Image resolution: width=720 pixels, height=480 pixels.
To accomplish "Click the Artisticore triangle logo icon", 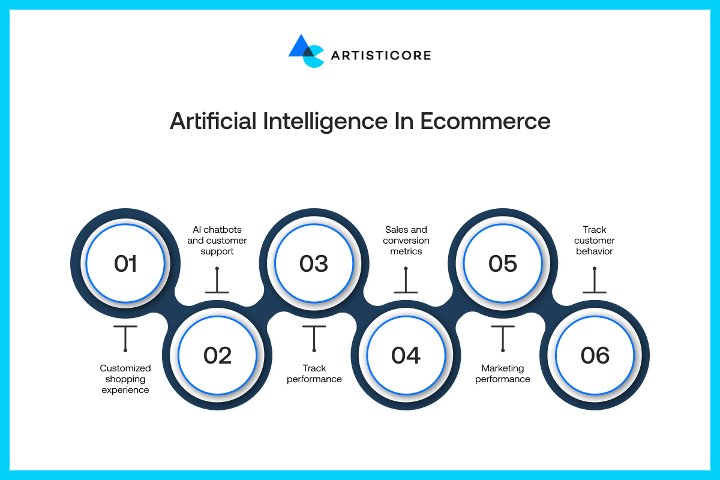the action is click(305, 51).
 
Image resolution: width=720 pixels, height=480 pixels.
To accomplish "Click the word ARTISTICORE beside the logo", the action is click(381, 56).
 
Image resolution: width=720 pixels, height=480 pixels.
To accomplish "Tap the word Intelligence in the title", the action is click(325, 122).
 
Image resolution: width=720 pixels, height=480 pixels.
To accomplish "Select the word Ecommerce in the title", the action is click(485, 121).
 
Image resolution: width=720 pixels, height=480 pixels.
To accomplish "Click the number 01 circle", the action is click(125, 263).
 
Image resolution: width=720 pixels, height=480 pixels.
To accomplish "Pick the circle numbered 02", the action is click(217, 355).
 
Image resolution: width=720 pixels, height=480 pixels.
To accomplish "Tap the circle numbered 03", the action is click(314, 263).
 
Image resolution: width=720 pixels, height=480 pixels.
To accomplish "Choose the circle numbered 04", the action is click(406, 355).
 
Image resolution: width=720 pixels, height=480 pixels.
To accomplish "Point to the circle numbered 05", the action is click(503, 263).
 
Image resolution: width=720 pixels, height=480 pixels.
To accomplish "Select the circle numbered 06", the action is click(595, 355).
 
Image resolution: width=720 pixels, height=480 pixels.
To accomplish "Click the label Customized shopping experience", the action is click(125, 379).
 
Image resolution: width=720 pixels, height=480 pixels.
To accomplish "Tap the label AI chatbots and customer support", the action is click(217, 241).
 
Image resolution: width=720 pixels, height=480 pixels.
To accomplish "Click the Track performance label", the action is click(314, 374).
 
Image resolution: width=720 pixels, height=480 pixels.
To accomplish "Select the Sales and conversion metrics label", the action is click(406, 241).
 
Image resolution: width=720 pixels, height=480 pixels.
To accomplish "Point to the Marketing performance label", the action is click(503, 374).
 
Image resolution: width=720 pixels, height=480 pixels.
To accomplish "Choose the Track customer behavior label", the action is click(595, 241).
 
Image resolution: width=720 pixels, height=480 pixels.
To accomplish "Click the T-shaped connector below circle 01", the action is click(125, 338).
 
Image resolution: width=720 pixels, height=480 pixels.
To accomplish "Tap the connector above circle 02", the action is click(217, 280).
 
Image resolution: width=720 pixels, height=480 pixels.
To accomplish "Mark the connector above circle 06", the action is click(595, 280).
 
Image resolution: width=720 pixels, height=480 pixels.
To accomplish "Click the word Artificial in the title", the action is click(213, 121).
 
